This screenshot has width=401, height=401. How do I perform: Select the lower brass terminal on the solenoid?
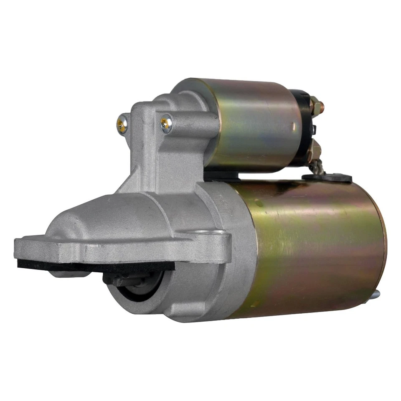click(x=314, y=150)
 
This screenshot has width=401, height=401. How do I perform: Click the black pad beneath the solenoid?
click(x=221, y=175)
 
